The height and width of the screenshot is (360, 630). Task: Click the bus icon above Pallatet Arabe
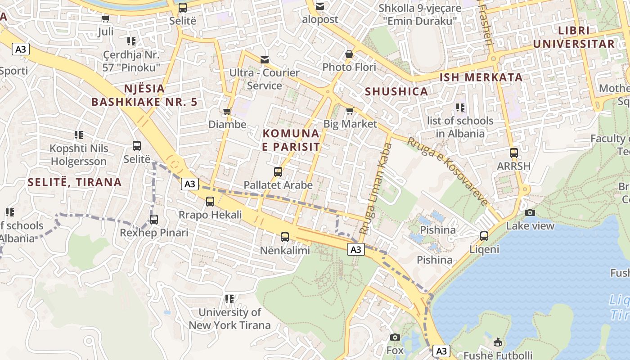pyautogui.click(x=278, y=171)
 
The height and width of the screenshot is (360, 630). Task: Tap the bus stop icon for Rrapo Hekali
pyautogui.click(x=210, y=201)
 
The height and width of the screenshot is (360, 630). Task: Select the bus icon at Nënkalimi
pyautogui.click(x=285, y=237)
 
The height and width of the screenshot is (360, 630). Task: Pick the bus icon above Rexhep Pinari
pyautogui.click(x=154, y=219)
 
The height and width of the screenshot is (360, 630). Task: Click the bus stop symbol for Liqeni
pyautogui.click(x=484, y=236)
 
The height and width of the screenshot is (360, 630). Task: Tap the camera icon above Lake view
pyautogui.click(x=530, y=212)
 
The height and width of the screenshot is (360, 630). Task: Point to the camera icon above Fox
pyautogui.click(x=395, y=337)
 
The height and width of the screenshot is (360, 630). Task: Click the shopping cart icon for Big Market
pyautogui.click(x=350, y=110)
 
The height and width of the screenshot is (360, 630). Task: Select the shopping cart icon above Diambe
pyautogui.click(x=227, y=111)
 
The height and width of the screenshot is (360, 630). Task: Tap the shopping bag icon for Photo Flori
pyautogui.click(x=349, y=54)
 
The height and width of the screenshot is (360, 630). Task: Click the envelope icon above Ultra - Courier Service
pyautogui.click(x=264, y=59)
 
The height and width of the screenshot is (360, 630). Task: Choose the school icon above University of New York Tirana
pyautogui.click(x=229, y=299)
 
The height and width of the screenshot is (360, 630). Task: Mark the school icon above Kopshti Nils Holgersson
pyautogui.click(x=79, y=135)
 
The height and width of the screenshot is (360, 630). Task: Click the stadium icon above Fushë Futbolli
pyautogui.click(x=498, y=342)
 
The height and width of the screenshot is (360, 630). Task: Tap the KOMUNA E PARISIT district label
pyautogui.click(x=291, y=140)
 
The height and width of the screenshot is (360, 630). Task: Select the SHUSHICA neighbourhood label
pyautogui.click(x=396, y=91)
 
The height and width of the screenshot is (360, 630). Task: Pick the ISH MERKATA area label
pyautogui.click(x=481, y=77)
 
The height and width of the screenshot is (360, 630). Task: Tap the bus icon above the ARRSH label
pyautogui.click(x=514, y=153)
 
